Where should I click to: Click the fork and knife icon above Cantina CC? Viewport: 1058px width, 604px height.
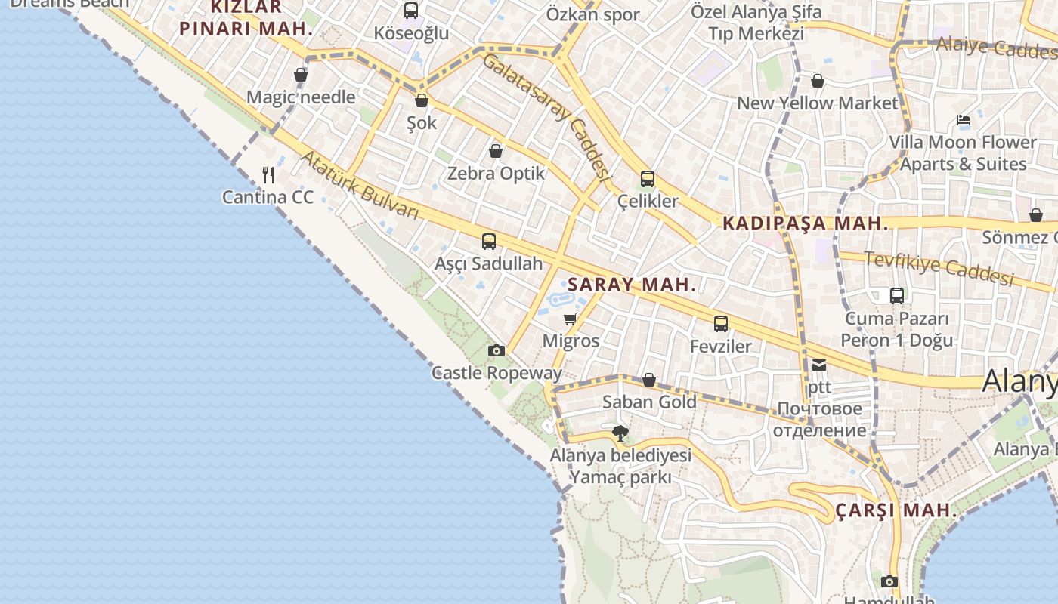[268, 175]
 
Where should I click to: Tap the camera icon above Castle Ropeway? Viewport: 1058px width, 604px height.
[497, 350]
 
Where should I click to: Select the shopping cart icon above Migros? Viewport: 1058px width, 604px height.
[571, 319]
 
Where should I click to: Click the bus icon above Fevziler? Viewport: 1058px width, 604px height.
[721, 324]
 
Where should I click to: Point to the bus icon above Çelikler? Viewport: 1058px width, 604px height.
[648, 179]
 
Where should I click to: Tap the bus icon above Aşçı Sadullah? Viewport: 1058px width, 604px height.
[489, 242]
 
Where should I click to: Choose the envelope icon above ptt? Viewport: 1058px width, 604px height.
[819, 365]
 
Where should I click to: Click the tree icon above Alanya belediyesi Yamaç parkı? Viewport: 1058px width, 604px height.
[620, 433]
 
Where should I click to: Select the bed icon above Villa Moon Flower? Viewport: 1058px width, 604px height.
[963, 120]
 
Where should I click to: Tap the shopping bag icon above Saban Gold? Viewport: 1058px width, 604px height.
[649, 380]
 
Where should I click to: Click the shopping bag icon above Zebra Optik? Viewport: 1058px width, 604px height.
[496, 151]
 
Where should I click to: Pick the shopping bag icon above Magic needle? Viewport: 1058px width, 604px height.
[301, 75]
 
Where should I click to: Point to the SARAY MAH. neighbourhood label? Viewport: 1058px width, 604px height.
[631, 285]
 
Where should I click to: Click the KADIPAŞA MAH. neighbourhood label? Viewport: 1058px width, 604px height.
[805, 223]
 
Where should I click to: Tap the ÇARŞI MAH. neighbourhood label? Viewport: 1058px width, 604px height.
[896, 510]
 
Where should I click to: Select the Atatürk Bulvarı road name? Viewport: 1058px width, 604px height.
[360, 185]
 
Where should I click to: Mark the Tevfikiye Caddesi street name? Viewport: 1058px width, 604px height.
[939, 268]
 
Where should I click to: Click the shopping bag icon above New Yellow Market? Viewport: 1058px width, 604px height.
[818, 81]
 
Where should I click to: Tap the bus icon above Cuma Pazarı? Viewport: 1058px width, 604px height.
[897, 296]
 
